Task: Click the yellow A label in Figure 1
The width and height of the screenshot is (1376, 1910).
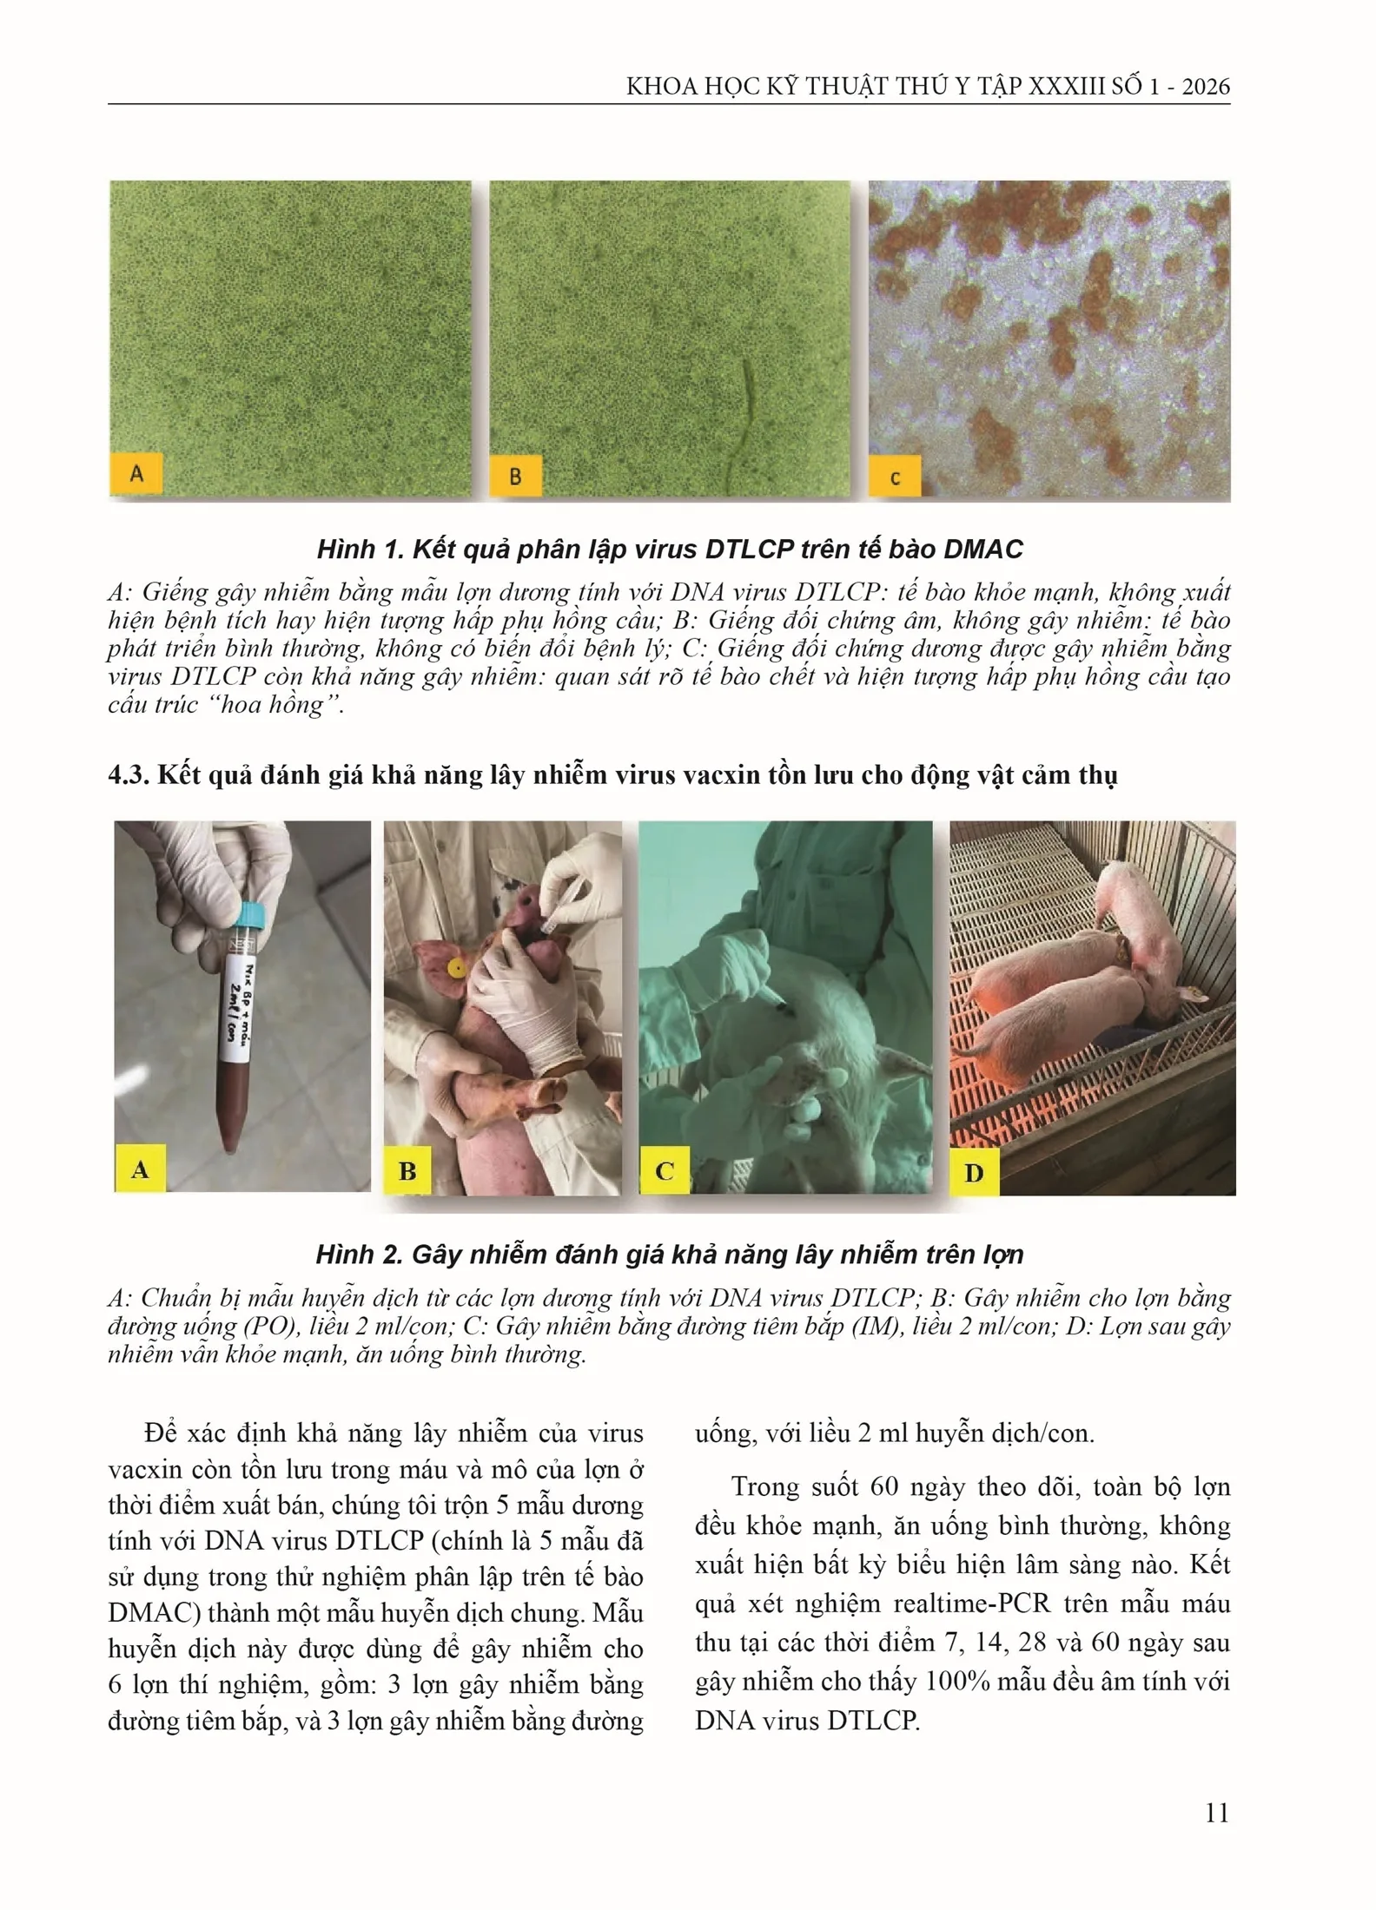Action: [136, 473]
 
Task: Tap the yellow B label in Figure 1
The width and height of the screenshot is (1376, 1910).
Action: [516, 476]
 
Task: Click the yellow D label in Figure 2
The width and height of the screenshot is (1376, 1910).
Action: [975, 1174]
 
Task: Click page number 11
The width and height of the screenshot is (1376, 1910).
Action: [1217, 1813]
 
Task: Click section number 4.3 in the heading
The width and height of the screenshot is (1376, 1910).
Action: [127, 775]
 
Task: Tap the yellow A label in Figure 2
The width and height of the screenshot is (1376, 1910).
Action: [140, 1169]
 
